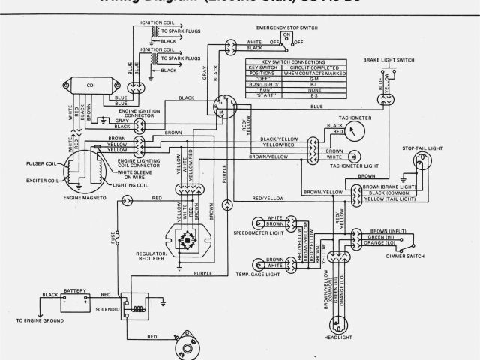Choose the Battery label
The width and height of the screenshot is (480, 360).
coord(76,290)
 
